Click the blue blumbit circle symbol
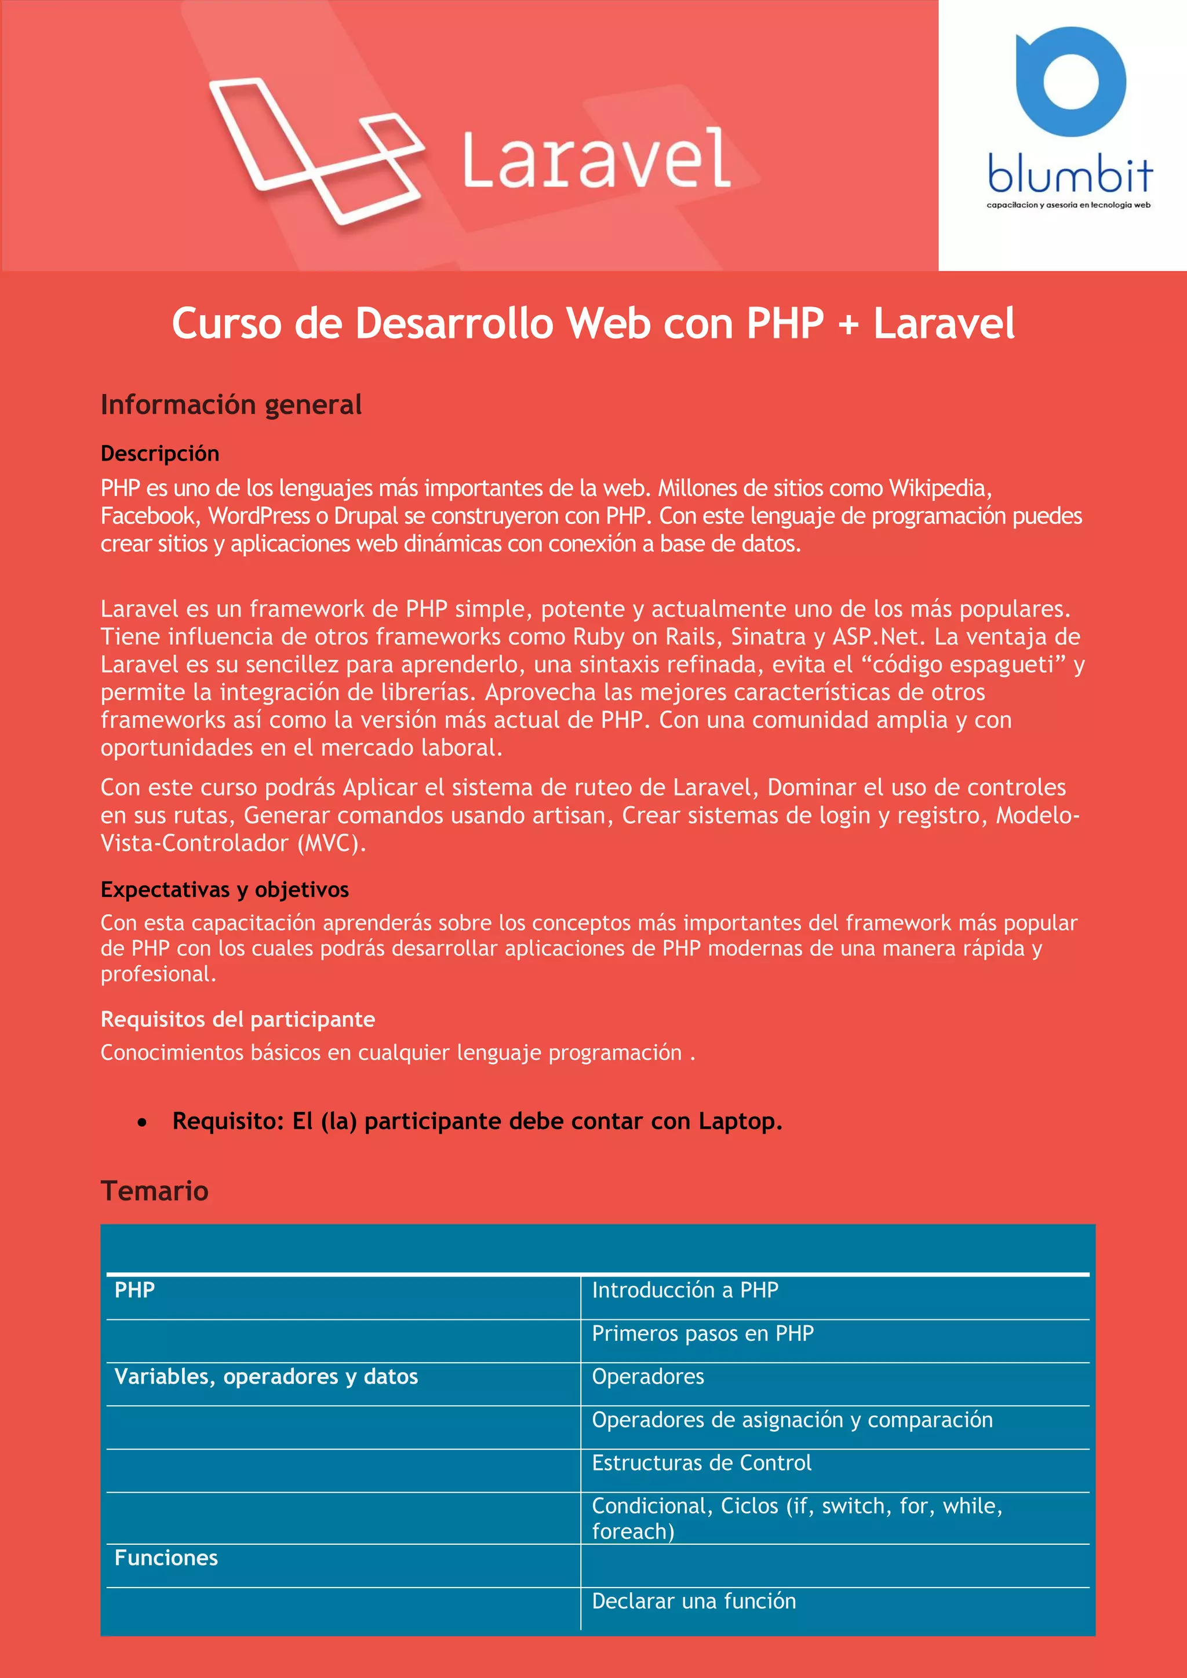[x=1070, y=81]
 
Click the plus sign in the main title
[x=848, y=324]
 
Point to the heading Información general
[x=231, y=405]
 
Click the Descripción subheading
[x=160, y=454]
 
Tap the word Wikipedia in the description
[x=939, y=488]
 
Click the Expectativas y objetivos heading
[x=224, y=889]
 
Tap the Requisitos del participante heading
[x=238, y=1019]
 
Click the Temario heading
[x=154, y=1191]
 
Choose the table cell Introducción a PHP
[x=685, y=1290]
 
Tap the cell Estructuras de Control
[x=701, y=1462]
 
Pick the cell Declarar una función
[x=694, y=1600]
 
